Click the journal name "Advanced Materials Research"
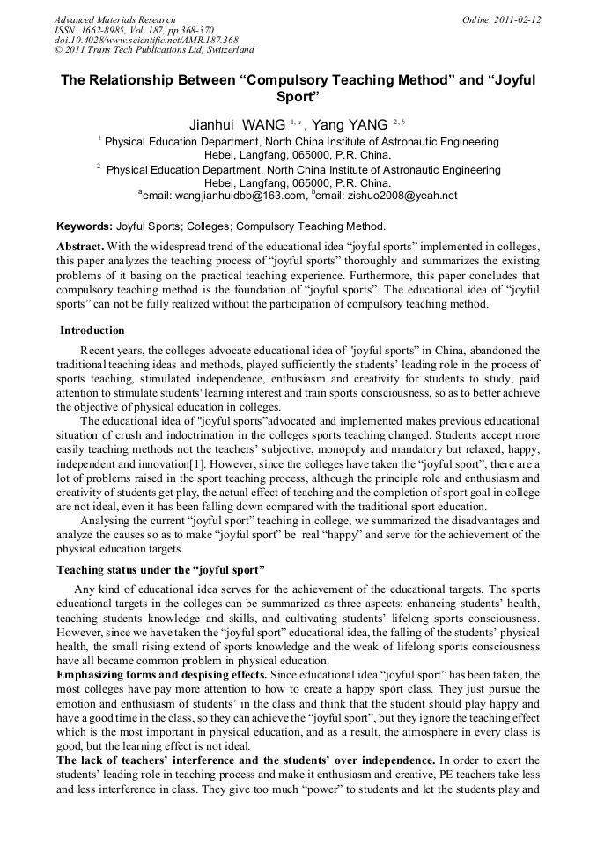(x=114, y=19)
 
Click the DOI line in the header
(x=146, y=40)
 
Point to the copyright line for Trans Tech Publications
(x=154, y=50)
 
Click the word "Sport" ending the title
(x=298, y=95)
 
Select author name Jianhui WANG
(x=237, y=124)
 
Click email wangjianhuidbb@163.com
(x=237, y=196)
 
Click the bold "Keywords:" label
(x=85, y=226)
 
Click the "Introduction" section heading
(x=92, y=330)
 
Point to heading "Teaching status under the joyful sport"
(x=161, y=570)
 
